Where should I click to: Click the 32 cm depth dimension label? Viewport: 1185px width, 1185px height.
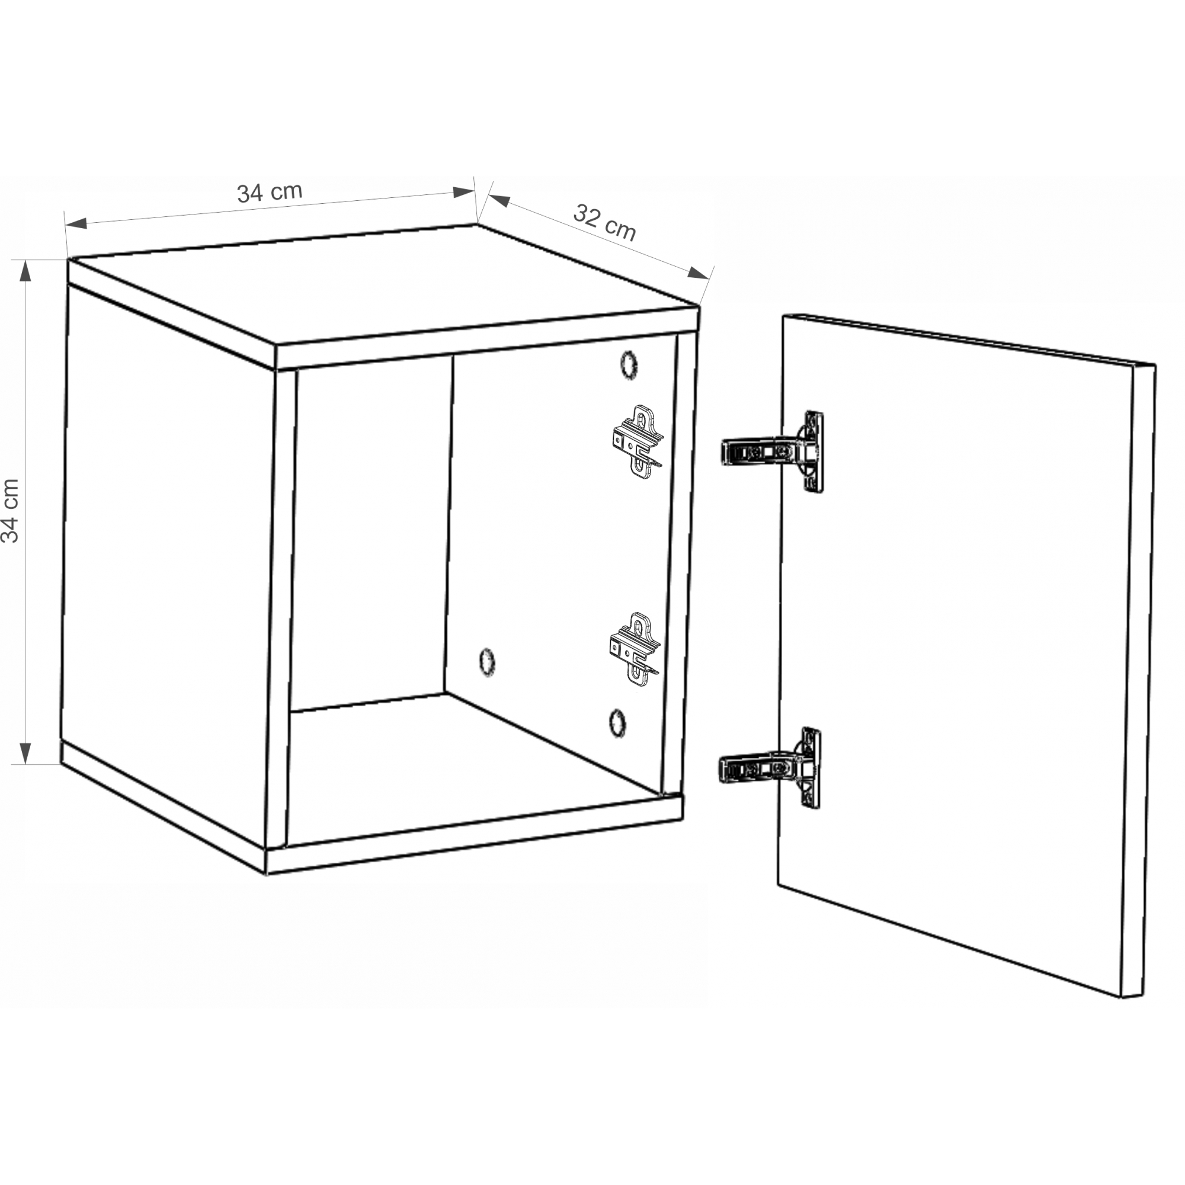[x=605, y=223]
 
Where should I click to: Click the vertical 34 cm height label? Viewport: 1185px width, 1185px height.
[x=11, y=511]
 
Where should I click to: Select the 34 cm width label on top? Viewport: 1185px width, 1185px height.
[x=270, y=192]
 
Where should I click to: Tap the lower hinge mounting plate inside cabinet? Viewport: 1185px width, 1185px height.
[x=635, y=649]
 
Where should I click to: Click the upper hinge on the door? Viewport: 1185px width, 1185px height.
[x=773, y=451]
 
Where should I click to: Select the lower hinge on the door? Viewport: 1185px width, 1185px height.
[x=770, y=768]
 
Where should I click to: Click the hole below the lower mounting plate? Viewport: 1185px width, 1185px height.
[x=617, y=722]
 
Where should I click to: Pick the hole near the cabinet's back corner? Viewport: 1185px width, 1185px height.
[x=487, y=662]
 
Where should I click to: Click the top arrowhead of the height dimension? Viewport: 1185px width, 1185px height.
[x=25, y=271]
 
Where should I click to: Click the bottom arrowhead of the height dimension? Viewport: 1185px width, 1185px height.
[x=25, y=752]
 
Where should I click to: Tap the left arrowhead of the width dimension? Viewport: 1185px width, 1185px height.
[x=76, y=224]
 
